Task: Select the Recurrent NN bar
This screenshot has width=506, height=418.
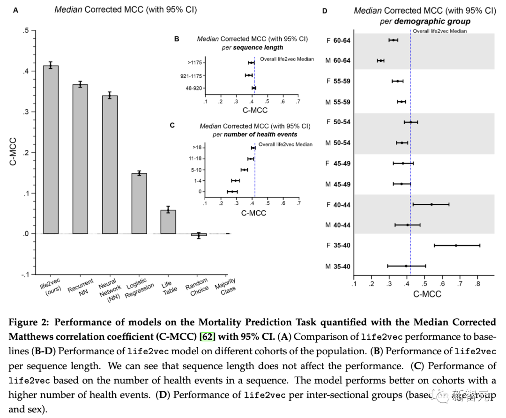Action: point(80,159)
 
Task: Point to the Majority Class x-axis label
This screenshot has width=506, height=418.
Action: point(225,286)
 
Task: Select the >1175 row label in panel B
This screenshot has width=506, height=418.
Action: point(195,62)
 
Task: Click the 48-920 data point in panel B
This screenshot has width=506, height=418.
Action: point(254,88)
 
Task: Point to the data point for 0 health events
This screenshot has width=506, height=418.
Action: point(232,191)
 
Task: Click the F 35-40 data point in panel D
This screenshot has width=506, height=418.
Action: point(456,246)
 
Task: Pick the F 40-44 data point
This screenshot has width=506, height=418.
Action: point(432,204)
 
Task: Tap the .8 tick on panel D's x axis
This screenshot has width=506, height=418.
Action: point(477,284)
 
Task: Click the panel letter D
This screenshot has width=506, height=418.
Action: point(324,10)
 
